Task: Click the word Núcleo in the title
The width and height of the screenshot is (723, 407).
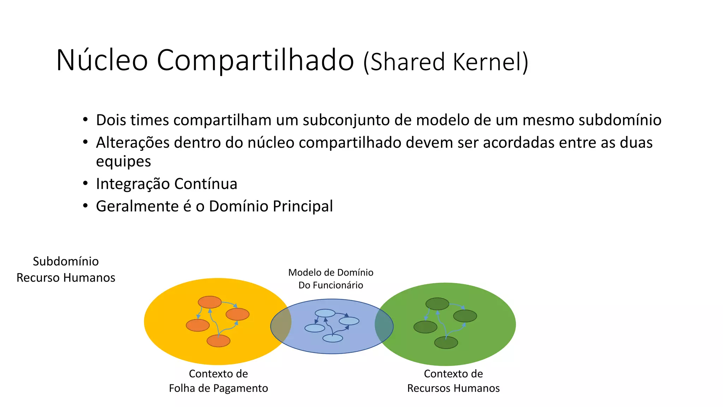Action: click(102, 60)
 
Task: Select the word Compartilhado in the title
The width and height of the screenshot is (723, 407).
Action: click(255, 60)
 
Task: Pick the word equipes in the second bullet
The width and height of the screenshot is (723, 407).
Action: click(123, 161)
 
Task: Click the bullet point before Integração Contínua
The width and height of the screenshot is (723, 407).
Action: click(85, 184)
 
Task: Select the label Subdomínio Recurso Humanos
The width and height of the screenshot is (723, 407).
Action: click(66, 269)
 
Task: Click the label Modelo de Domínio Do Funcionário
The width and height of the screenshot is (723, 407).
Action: click(330, 278)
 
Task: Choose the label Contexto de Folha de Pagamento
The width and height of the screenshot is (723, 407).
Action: click(218, 381)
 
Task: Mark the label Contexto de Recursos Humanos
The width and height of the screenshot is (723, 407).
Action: click(453, 381)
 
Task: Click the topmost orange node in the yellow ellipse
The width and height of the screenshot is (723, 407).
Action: click(210, 302)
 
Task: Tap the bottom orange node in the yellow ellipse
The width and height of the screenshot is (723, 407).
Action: click(218, 341)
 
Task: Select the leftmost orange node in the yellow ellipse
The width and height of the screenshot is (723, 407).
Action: click(198, 325)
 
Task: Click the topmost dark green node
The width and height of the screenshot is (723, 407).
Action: click(437, 304)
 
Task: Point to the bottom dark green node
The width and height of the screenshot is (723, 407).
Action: click(446, 343)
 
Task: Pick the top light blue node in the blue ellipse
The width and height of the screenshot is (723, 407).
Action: click(325, 313)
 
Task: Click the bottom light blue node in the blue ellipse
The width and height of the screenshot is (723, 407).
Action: click(333, 338)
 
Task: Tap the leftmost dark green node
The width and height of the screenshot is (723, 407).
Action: click(425, 327)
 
